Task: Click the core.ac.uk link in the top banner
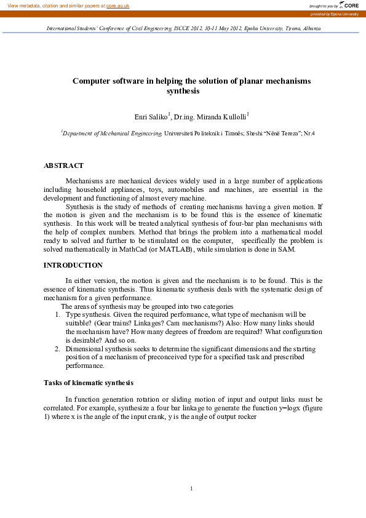click(117, 5)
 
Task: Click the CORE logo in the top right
click(350, 5)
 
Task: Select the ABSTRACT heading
click(63, 165)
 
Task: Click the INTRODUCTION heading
click(73, 265)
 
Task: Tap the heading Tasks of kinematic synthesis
click(88, 383)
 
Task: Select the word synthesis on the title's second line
click(183, 90)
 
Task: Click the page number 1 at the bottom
click(192, 488)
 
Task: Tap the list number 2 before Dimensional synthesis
click(57, 348)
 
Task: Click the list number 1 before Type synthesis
click(57, 314)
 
